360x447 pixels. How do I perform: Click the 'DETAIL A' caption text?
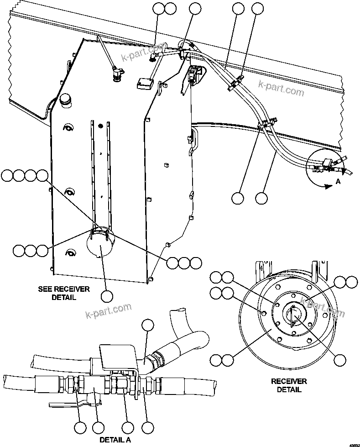point(115,440)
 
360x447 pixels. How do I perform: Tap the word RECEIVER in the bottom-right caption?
point(289,381)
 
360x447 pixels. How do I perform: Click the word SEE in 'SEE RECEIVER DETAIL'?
point(46,289)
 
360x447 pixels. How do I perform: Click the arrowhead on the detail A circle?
point(327,186)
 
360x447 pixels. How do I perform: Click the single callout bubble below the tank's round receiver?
point(106,296)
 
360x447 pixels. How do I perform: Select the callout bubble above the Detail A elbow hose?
point(148,325)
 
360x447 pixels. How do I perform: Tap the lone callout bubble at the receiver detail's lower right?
point(339,360)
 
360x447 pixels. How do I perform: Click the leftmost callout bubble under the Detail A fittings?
point(80,428)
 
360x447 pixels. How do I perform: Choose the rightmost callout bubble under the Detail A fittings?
point(147,428)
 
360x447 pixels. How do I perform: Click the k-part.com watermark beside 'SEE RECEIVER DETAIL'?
point(108,311)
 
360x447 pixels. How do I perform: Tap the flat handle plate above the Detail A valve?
point(117,355)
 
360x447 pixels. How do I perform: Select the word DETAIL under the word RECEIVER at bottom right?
point(289,390)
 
